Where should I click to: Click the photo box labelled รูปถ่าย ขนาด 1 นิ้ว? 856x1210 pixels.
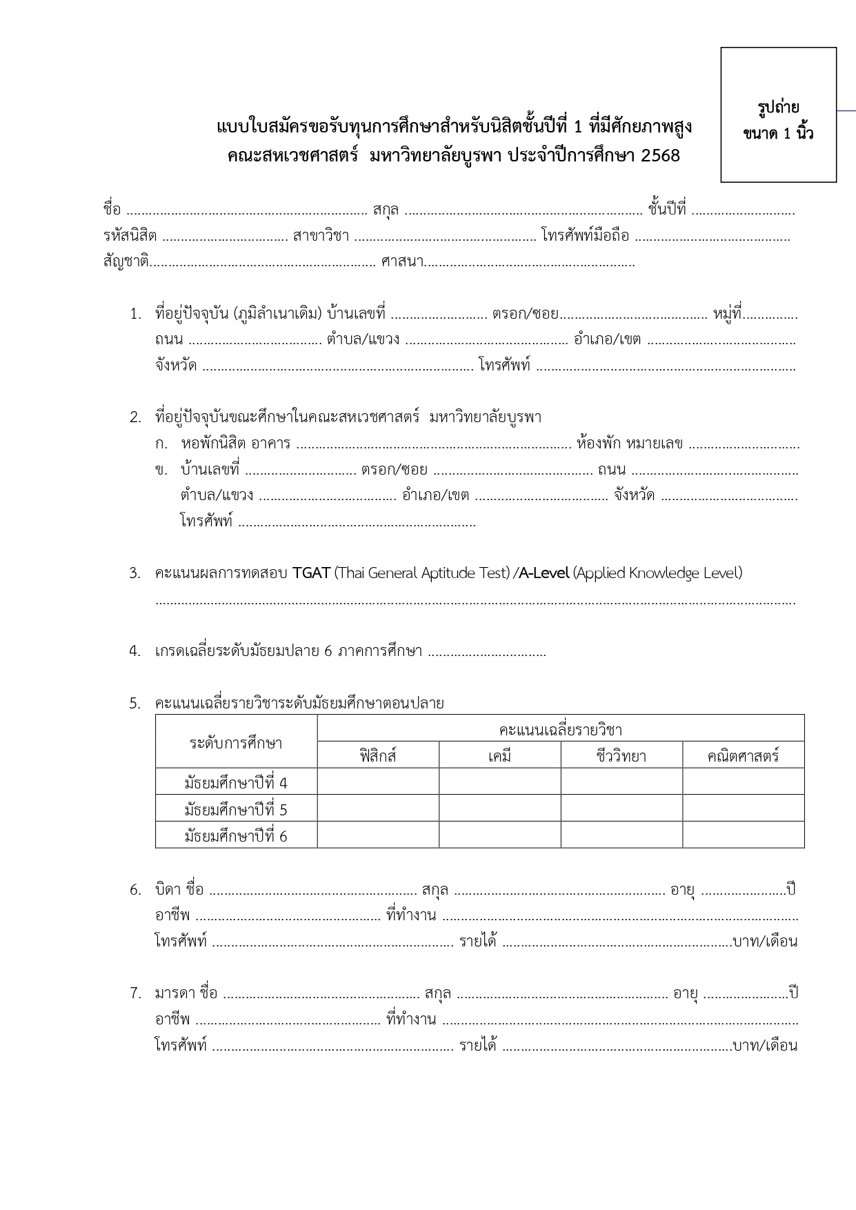pos(778,115)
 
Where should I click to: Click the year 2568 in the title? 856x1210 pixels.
pos(660,156)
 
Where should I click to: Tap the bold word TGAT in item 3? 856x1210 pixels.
pos(311,573)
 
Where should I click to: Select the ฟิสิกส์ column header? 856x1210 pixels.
pos(378,755)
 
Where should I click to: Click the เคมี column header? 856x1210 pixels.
pos(499,755)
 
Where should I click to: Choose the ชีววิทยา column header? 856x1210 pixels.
pos(621,755)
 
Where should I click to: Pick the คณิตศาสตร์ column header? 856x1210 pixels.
pos(743,755)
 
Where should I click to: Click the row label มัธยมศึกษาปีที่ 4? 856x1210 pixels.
pos(236,783)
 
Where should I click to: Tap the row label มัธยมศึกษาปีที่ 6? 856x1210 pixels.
pos(236,836)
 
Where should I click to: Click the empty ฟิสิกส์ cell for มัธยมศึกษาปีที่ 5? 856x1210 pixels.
pos(378,809)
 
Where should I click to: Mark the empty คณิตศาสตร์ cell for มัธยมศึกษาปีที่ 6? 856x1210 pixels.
pos(743,835)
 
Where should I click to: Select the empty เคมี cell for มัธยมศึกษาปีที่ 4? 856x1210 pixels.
pos(499,782)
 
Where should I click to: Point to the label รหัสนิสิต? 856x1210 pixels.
pos(130,236)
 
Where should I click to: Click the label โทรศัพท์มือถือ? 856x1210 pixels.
pos(585,236)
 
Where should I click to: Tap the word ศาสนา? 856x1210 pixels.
pos(402,262)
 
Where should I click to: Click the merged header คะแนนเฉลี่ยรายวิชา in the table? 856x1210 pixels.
pos(560,729)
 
